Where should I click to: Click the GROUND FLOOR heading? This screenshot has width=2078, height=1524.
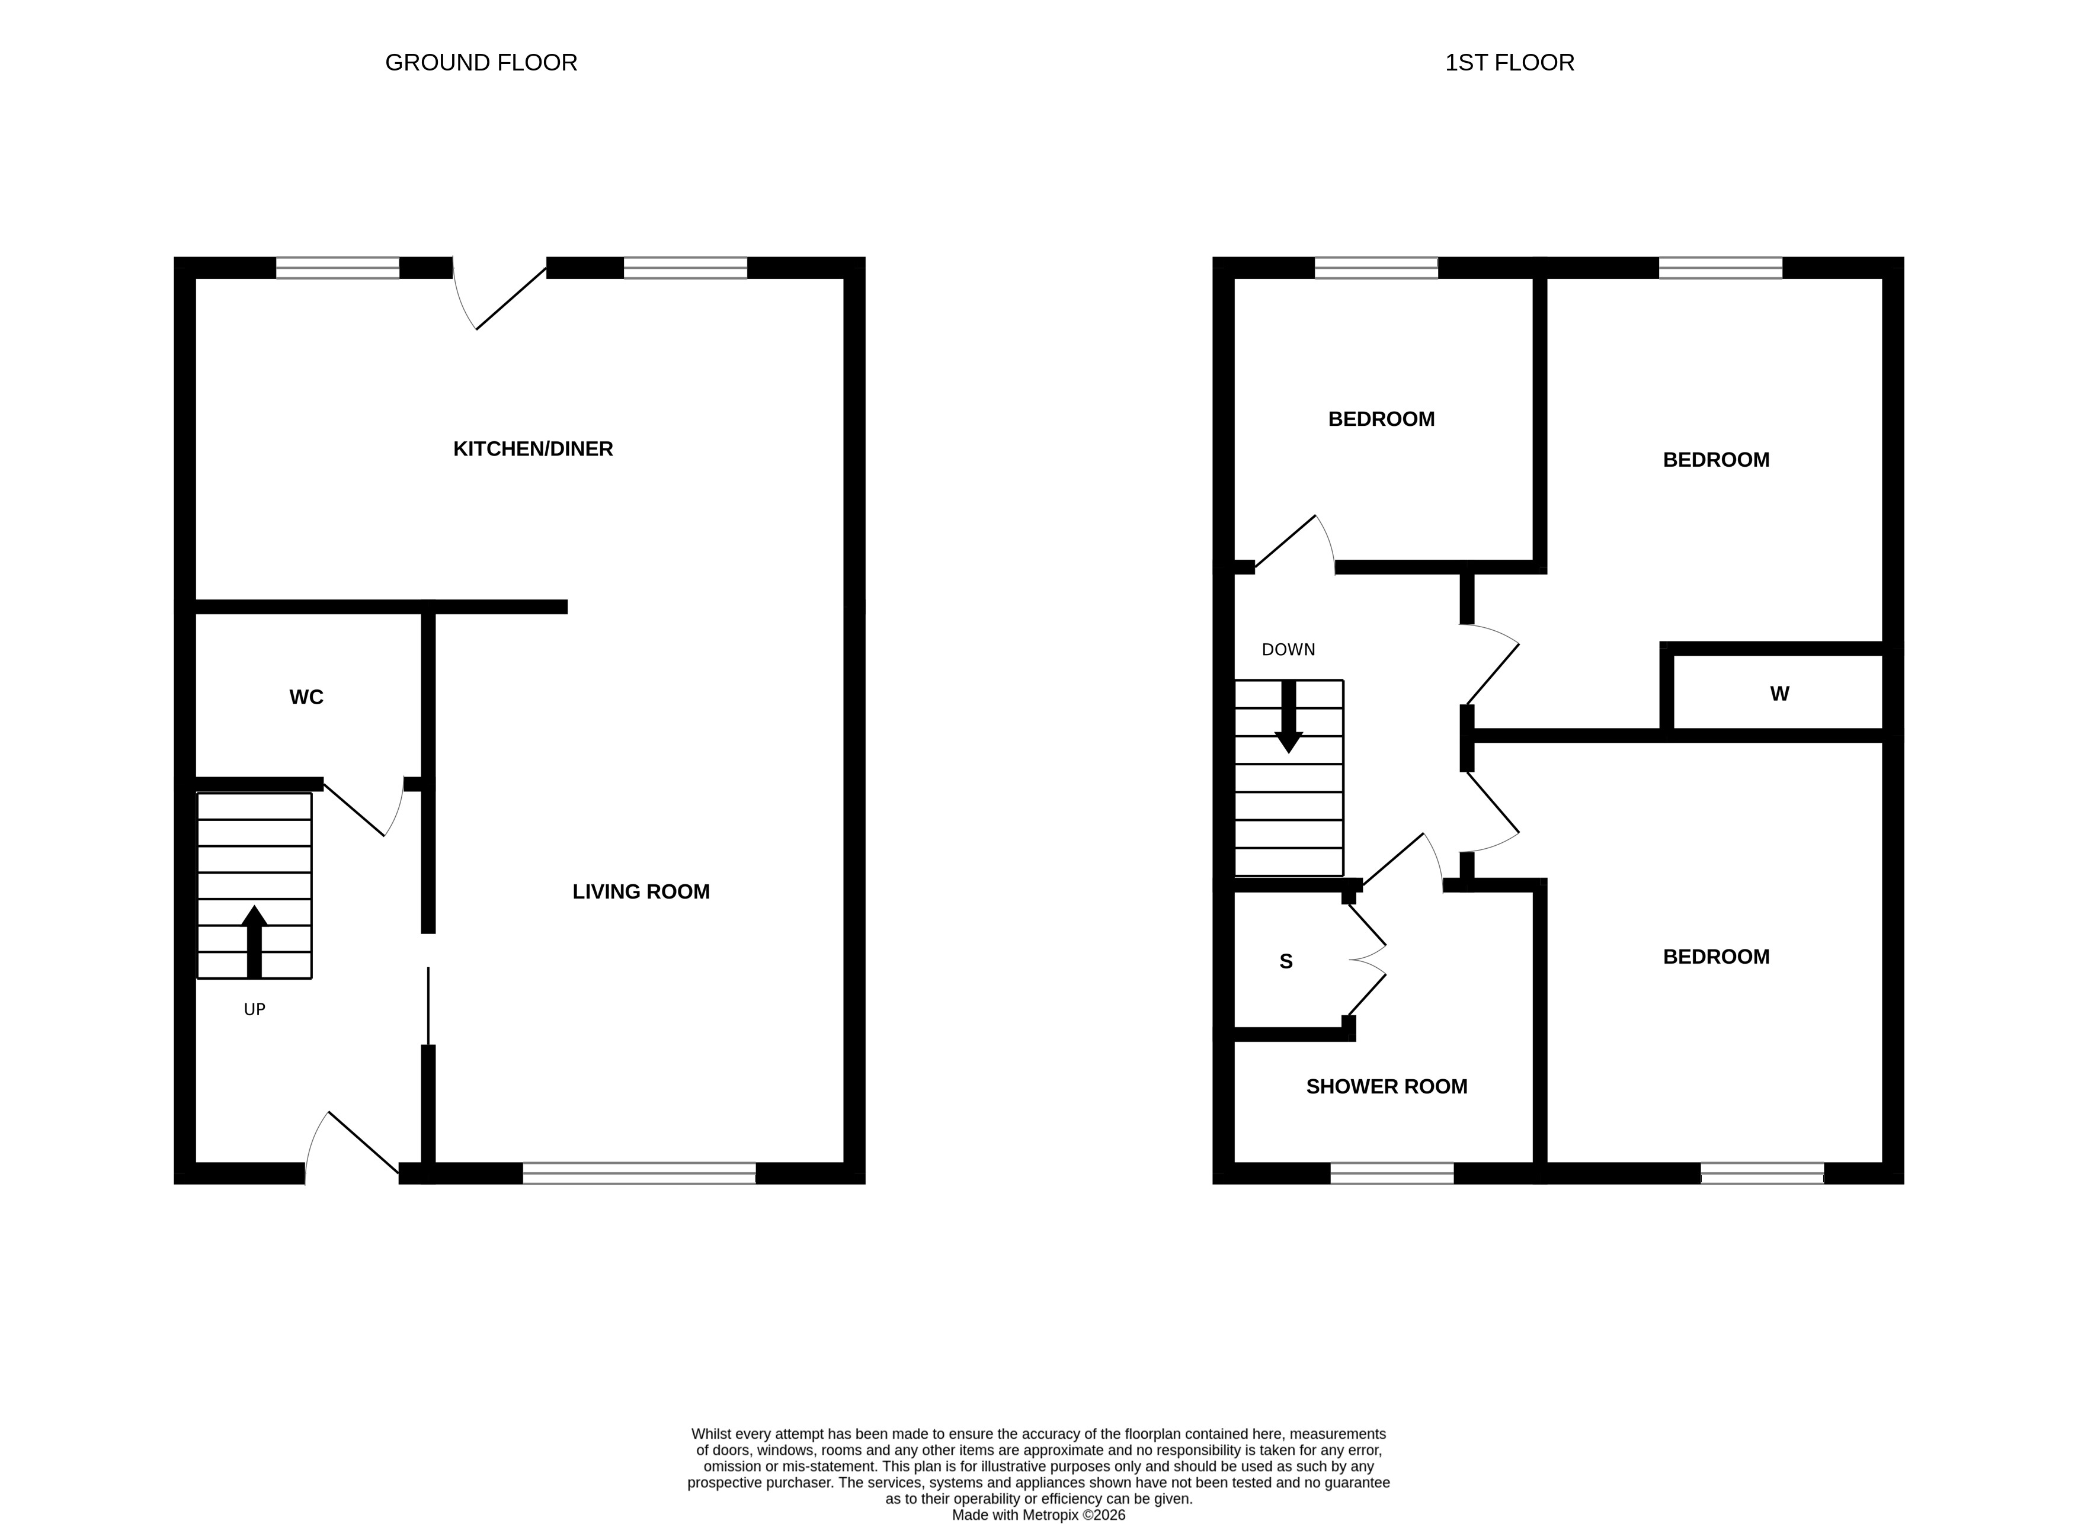pyautogui.click(x=481, y=63)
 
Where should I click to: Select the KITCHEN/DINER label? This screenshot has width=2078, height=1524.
pyautogui.click(x=533, y=450)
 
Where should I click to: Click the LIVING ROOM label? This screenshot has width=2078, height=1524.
pyautogui.click(x=641, y=892)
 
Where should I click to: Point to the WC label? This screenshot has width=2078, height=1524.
pyautogui.click(x=306, y=697)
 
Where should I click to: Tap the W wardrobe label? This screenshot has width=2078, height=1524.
pyautogui.click(x=1779, y=694)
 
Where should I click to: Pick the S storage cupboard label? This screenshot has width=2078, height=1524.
pyautogui.click(x=1285, y=962)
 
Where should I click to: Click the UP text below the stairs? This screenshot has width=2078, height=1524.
pyautogui.click(x=255, y=1010)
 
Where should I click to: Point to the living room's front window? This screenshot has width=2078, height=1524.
pyautogui.click(x=639, y=1173)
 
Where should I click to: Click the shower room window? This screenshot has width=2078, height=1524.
pyautogui.click(x=1391, y=1173)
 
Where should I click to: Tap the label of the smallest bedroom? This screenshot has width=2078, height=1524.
pyautogui.click(x=1381, y=420)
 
